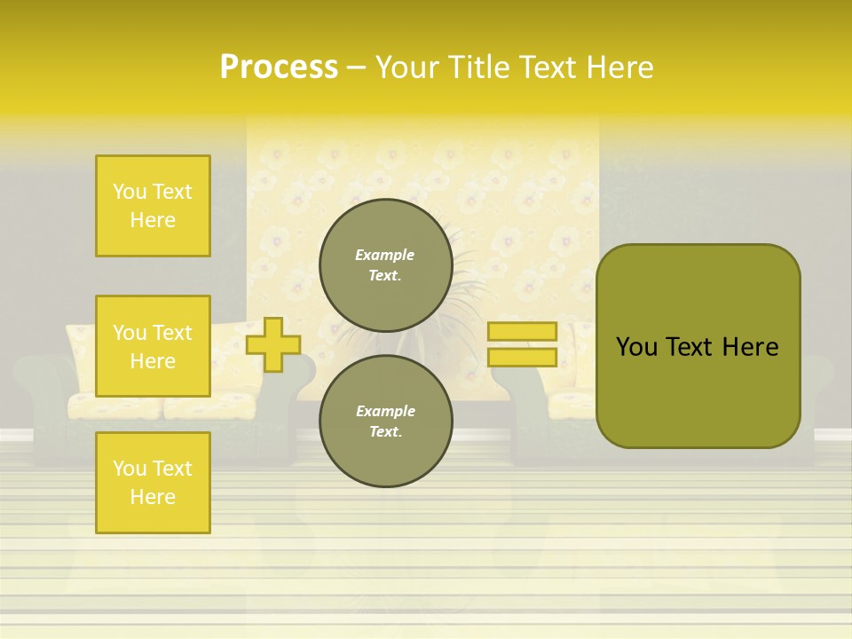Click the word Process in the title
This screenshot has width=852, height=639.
pos(279,67)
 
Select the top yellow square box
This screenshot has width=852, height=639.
pos(153,206)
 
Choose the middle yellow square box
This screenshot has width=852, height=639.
pos(153,346)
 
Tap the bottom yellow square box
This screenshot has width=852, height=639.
pos(153,483)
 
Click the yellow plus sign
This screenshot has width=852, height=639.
pos(272,345)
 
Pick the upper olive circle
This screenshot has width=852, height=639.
pos(385,265)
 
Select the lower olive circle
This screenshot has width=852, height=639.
pos(385,421)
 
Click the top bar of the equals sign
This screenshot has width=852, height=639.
pos(522,332)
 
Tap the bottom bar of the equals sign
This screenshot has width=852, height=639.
pos(522,357)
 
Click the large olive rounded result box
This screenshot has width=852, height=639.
pos(698,345)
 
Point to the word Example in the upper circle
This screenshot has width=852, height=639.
pos(385,255)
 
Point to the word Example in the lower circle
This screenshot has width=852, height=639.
pos(385,411)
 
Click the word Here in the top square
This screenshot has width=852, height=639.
pos(153,220)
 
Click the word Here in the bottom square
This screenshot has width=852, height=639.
pos(153,497)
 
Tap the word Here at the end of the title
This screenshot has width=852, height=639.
pos(622,67)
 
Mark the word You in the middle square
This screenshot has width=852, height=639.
pos(130,333)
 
